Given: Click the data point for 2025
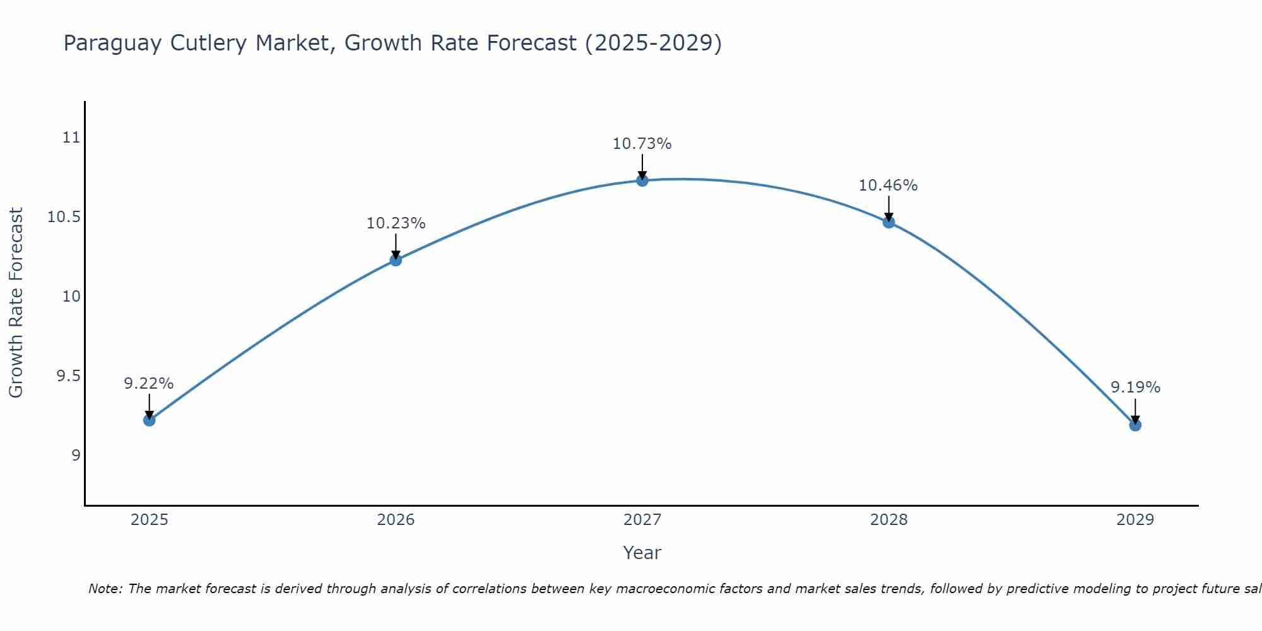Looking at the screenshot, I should tap(150, 420).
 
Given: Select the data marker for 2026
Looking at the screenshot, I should tap(396, 259).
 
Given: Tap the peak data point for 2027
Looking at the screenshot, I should tap(642, 180).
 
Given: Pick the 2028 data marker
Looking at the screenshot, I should tap(888, 222).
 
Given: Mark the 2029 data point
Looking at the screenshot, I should tap(1135, 425).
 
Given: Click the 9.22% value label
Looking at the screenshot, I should tap(148, 384).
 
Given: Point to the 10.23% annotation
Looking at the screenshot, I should tap(396, 223).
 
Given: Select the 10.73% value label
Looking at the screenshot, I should tap(642, 144).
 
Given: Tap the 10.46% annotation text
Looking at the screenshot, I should tap(888, 186).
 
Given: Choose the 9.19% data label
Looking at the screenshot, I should tap(1135, 387).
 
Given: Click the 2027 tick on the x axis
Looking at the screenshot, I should tap(642, 520).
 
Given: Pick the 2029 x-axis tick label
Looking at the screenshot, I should tap(1135, 520).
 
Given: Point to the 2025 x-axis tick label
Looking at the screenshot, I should tap(150, 520).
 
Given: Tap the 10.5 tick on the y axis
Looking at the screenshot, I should tap(64, 217).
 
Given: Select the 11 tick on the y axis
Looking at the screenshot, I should tap(72, 138).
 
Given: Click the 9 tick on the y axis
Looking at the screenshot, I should tap(76, 456).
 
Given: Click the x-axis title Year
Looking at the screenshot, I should tap(642, 553).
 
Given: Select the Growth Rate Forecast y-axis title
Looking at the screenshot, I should tap(16, 303).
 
